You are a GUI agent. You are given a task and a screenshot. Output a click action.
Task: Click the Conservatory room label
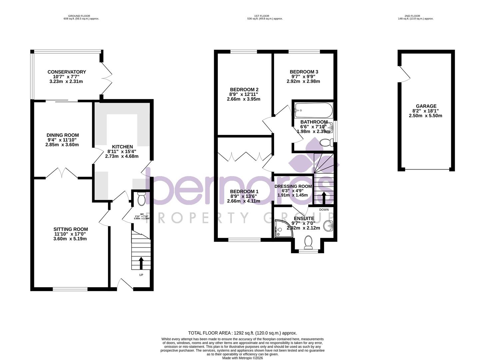click(67, 72)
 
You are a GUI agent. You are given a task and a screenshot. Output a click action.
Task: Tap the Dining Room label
click(63, 135)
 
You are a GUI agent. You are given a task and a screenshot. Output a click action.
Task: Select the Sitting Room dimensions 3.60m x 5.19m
click(70, 239)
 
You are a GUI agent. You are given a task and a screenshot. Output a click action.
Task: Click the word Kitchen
click(122, 147)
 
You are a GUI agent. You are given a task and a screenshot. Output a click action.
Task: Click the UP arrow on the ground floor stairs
click(141, 263)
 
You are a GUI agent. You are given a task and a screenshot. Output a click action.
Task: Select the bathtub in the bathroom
click(313, 109)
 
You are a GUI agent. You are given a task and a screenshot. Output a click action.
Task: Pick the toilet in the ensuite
click(308, 242)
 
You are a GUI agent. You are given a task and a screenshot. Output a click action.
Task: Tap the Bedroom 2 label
click(244, 89)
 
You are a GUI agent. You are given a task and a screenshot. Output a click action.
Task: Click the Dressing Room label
click(293, 186)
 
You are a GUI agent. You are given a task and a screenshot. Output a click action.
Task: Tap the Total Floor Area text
click(242, 333)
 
